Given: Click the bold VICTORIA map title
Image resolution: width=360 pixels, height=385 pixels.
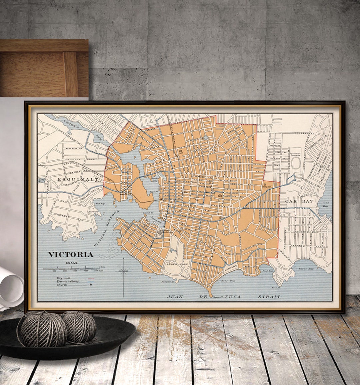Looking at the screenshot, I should pyautogui.click(x=71, y=255).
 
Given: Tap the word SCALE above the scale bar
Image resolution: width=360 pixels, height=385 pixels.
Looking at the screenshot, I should pyautogui.click(x=71, y=263).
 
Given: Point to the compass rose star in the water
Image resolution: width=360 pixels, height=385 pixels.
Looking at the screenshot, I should pyautogui.click(x=123, y=271).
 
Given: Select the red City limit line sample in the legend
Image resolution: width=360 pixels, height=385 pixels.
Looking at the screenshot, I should pyautogui.click(x=90, y=278).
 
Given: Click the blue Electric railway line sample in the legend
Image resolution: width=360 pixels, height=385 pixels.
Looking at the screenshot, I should pyautogui.click(x=90, y=282).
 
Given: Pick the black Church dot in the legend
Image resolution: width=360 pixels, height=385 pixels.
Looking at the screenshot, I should pyautogui.click(x=90, y=285).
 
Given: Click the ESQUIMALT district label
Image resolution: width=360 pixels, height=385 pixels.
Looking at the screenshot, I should pyautogui.click(x=78, y=179).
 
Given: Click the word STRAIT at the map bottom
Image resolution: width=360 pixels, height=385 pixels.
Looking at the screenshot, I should pyautogui.click(x=269, y=297).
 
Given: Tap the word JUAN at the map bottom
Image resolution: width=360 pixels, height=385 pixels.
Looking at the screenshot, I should pyautogui.click(x=175, y=297).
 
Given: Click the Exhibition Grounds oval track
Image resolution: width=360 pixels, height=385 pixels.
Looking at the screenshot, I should pyautogui.click(x=296, y=164).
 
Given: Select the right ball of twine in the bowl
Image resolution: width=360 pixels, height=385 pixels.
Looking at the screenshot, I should pyautogui.click(x=79, y=327).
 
